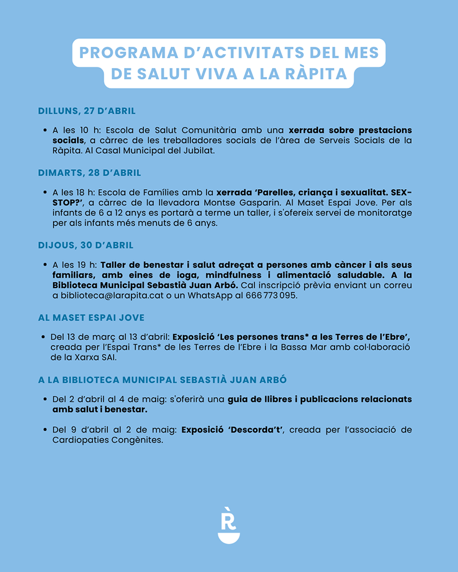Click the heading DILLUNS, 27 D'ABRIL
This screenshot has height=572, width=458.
pyautogui.click(x=86, y=111)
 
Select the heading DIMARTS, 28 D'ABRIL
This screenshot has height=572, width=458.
pyautogui.click(x=89, y=173)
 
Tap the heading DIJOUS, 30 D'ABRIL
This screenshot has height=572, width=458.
pyautogui.click(x=86, y=245)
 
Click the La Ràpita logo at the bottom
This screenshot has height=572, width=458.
pyautogui.click(x=229, y=525)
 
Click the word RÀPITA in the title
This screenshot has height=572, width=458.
pyautogui.click(x=317, y=74)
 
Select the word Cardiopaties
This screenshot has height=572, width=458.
pyautogui.click(x=77, y=440)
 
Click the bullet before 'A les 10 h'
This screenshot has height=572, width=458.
pyautogui.click(x=45, y=130)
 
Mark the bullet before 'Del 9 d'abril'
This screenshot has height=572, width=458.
pyautogui.click(x=45, y=430)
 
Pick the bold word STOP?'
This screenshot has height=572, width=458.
pyautogui.click(x=62, y=203)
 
